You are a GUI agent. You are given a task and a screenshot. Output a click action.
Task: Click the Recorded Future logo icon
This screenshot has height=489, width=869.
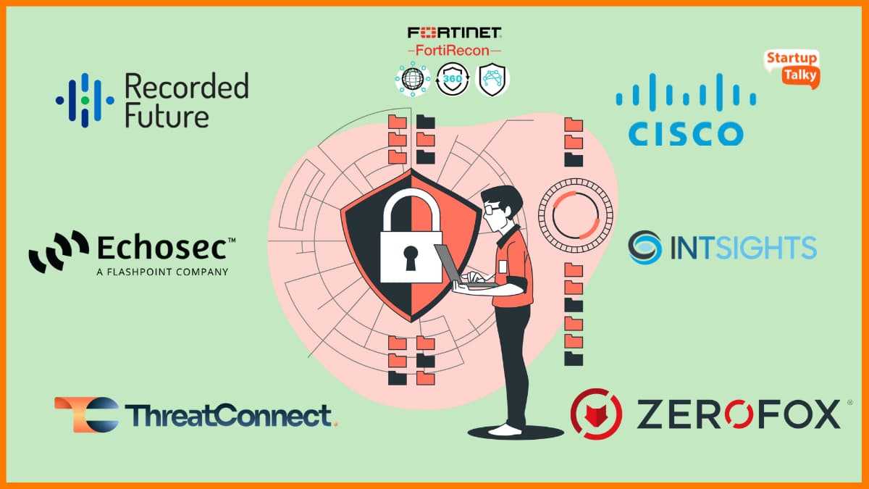tap(85, 99)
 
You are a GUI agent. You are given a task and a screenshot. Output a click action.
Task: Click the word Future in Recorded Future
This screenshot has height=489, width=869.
tap(167, 116)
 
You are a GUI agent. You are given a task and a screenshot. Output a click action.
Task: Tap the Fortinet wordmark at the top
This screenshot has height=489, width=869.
tap(455, 33)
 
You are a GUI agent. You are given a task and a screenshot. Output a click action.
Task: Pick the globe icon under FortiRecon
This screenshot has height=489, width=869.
tap(413, 78)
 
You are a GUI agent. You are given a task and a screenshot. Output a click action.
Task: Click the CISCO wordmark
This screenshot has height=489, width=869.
tap(685, 133)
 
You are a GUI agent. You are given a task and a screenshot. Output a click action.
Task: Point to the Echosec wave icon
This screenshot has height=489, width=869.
tap(59, 251)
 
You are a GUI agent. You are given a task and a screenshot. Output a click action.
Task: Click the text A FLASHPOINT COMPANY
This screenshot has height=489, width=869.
tap(162, 272)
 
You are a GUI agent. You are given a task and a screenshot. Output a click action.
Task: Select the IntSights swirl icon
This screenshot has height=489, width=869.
tap(644, 247)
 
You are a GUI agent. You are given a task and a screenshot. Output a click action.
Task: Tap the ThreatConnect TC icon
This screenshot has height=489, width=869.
tap(86, 414)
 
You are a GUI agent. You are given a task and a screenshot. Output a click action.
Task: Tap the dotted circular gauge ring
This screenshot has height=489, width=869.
tap(576, 214)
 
